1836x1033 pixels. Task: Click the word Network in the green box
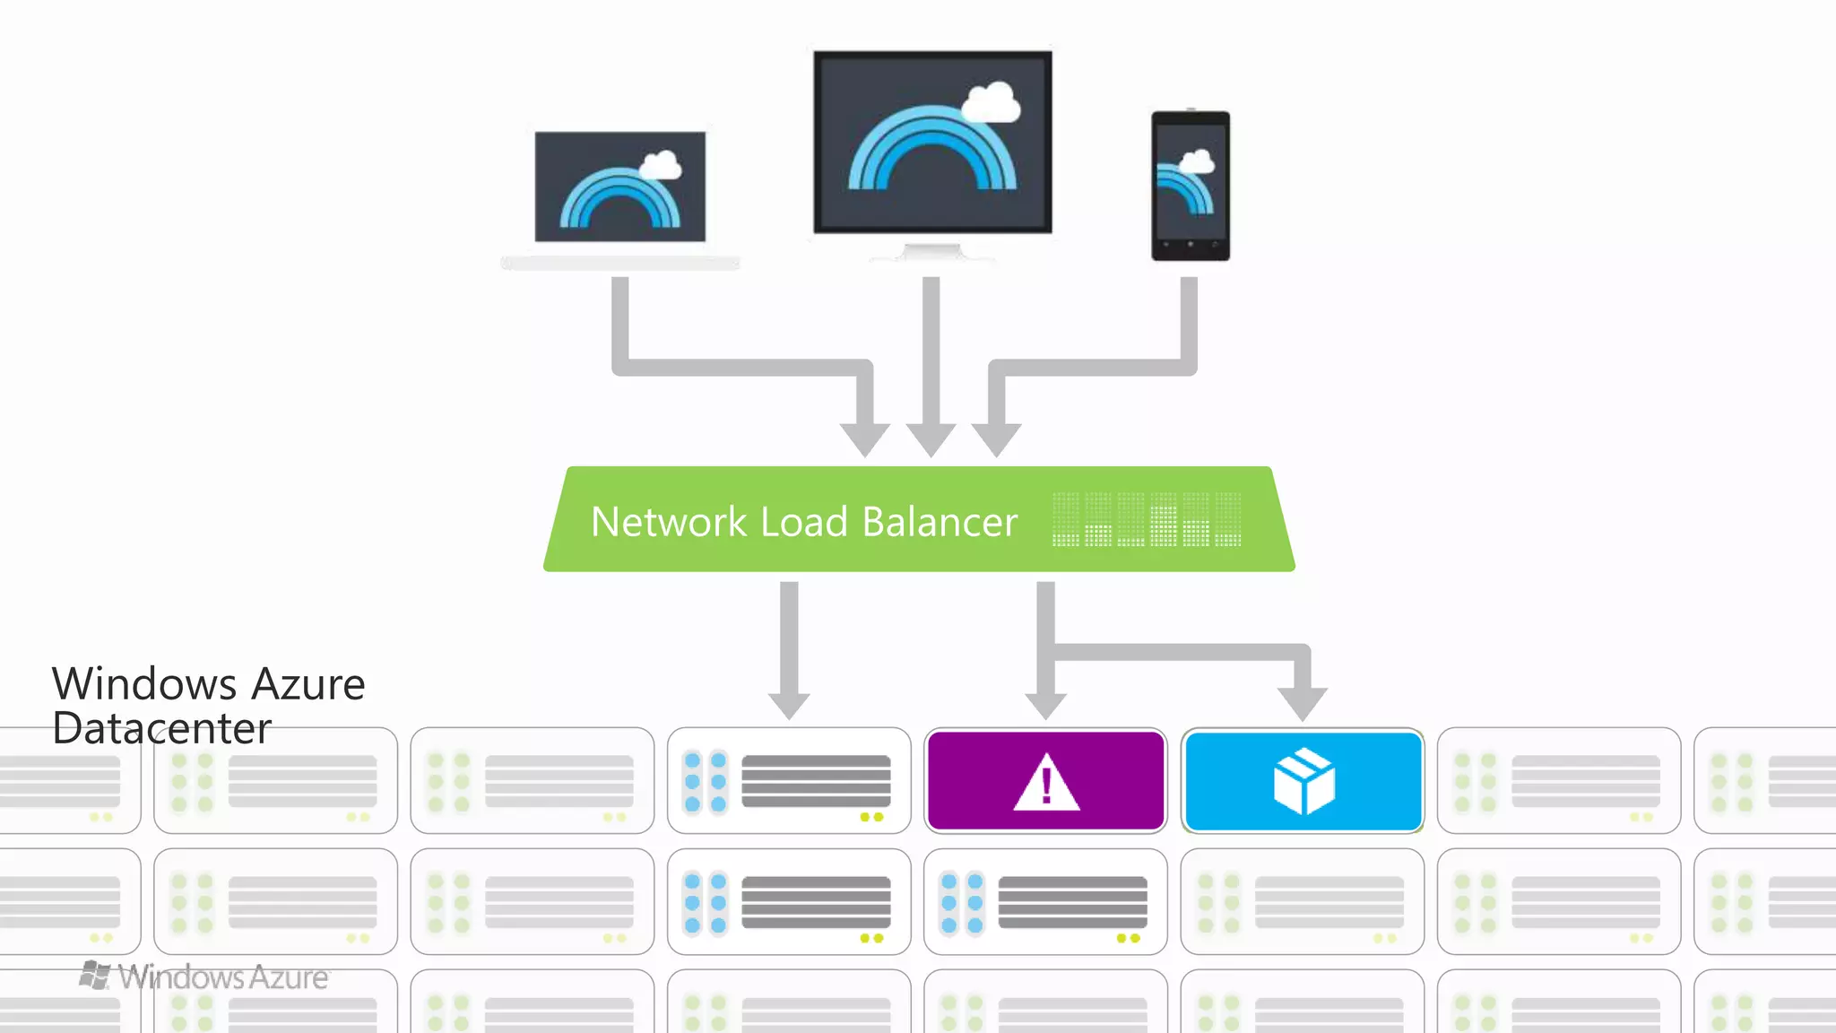(668, 522)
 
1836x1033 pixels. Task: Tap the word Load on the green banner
(803, 522)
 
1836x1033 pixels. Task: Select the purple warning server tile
(1045, 780)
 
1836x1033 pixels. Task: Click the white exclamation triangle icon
(1046, 784)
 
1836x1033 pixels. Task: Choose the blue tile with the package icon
(1303, 780)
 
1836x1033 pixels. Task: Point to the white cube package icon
(1303, 782)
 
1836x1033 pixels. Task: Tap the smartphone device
(1191, 187)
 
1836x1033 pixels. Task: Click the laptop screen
(619, 187)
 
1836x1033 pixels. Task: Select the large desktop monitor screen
(932, 142)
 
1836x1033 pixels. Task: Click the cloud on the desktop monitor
(992, 103)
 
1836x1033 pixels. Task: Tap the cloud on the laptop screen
(662, 166)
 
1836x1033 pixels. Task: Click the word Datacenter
(161, 728)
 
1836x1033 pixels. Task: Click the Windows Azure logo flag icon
(95, 975)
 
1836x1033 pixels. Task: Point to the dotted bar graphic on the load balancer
(1147, 519)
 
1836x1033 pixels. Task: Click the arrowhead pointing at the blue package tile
(1303, 703)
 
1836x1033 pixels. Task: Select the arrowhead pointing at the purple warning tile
(1045, 705)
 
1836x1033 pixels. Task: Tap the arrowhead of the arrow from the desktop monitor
(931, 439)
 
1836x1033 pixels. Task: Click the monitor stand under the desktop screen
(932, 251)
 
